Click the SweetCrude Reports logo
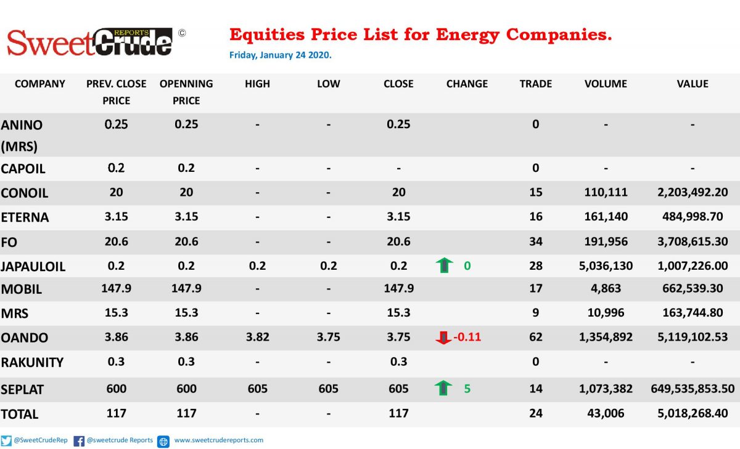click(89, 42)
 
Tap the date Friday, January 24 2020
click(280, 55)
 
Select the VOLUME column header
click(606, 84)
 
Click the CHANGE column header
click(467, 84)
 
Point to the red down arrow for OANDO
click(443, 338)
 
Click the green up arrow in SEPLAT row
click(443, 387)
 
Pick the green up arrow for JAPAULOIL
click(445, 265)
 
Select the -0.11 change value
click(467, 337)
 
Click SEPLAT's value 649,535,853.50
click(693, 389)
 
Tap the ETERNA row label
click(25, 217)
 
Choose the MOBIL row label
click(22, 289)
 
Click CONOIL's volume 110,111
click(606, 192)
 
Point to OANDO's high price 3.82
click(257, 337)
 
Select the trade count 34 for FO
click(535, 241)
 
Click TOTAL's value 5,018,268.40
click(693, 413)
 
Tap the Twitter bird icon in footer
click(6, 441)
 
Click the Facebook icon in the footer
click(79, 441)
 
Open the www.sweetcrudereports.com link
click(219, 440)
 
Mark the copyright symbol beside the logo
click(182, 33)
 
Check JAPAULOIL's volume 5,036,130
click(606, 266)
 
